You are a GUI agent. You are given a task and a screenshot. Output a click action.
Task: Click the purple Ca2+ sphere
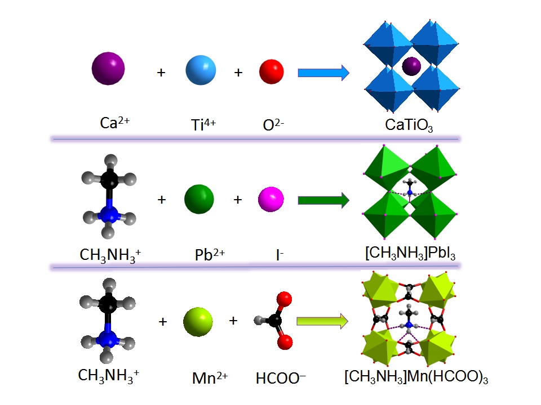coord(108,68)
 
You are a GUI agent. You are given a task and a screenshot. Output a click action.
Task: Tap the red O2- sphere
coord(271,71)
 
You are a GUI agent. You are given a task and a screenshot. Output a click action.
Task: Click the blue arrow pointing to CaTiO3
coord(323,73)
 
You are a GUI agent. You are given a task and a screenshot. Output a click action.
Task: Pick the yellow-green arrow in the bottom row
coord(323,322)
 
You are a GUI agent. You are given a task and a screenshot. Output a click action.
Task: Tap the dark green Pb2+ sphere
coord(199,199)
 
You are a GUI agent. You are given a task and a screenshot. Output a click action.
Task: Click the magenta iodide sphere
coord(270,199)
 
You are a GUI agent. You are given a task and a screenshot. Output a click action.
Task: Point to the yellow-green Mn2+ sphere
coord(198,322)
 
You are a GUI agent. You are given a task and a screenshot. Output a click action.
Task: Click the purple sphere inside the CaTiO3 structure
coord(411,66)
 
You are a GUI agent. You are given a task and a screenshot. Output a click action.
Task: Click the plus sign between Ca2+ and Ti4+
coord(161,73)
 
